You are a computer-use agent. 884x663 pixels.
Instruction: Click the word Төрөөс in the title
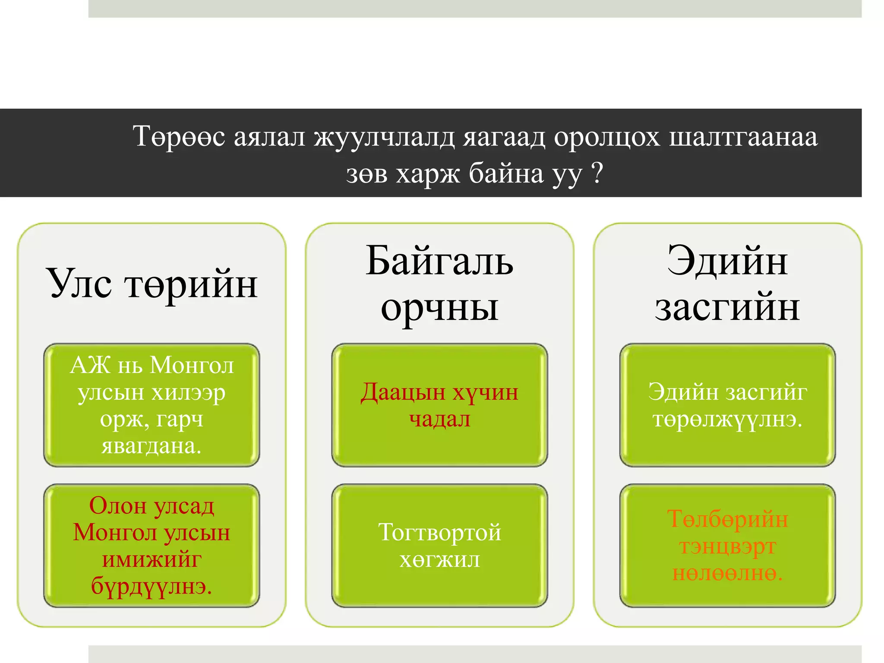[179, 137]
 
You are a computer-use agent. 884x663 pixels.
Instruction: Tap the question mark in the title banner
[597, 174]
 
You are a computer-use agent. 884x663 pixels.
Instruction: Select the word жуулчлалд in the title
[384, 137]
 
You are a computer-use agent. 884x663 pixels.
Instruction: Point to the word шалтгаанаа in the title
[743, 137]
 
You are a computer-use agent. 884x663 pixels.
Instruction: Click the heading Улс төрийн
[152, 284]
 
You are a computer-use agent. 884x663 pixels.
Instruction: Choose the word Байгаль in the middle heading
[439, 262]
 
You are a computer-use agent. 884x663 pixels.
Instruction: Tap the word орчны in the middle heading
[439, 308]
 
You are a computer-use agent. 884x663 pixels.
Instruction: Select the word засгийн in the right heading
[727, 308]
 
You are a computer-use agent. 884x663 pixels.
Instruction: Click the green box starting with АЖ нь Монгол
[152, 405]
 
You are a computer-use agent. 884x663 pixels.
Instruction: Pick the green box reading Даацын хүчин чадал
[439, 405]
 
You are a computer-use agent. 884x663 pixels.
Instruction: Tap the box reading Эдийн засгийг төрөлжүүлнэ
[727, 405]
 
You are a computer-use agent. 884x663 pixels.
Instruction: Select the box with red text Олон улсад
[152, 546]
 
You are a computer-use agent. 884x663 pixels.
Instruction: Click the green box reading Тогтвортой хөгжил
[439, 546]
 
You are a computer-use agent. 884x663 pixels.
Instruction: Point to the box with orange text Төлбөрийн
[727, 546]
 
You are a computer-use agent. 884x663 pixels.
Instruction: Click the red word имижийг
[152, 560]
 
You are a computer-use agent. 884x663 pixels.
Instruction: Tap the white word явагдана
[152, 446]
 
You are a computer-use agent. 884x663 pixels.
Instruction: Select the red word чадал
[439, 419]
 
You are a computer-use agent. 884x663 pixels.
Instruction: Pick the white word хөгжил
[439, 560]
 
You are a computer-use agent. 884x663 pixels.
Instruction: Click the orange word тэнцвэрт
[727, 547]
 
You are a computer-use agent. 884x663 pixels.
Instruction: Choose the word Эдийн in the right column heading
[727, 262]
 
